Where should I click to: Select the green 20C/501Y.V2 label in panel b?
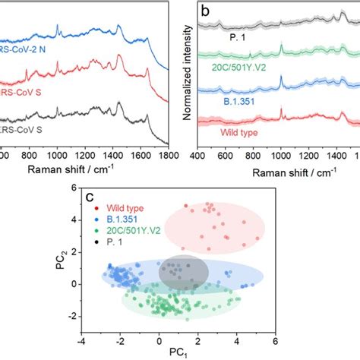tap(244, 66)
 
